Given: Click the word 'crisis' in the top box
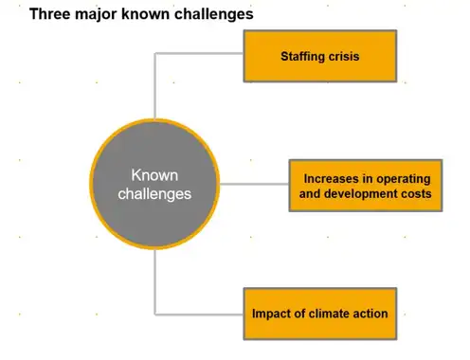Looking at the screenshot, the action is [344, 56].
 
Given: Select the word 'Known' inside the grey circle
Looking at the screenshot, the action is [154, 175].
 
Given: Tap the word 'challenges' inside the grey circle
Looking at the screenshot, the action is [154, 194].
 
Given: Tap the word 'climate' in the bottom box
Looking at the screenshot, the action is [328, 314].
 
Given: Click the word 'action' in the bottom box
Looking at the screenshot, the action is [371, 314].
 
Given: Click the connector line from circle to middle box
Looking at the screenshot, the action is [254, 184].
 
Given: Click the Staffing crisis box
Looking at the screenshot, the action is [320, 56].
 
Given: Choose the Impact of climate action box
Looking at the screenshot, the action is [320, 314].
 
